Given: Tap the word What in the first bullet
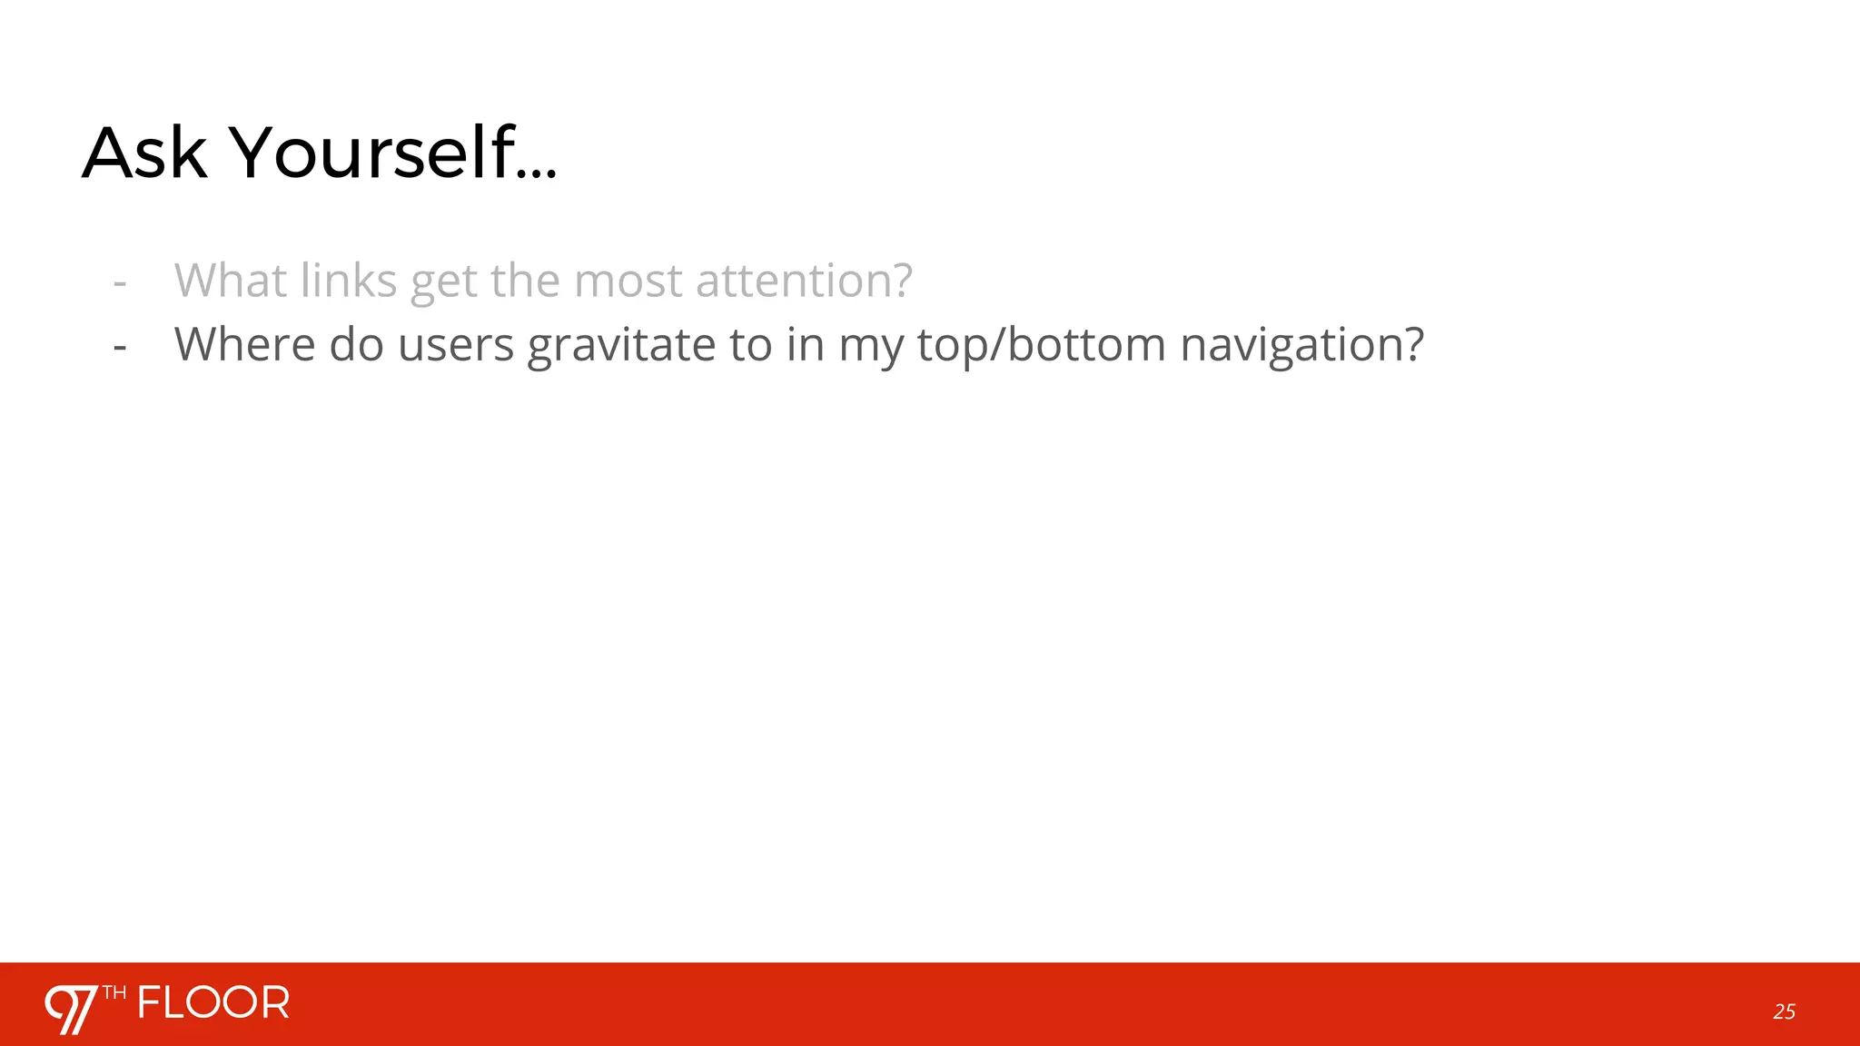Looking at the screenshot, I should tap(231, 280).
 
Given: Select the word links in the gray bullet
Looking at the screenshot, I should tap(349, 280).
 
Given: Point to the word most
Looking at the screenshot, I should tap(628, 280).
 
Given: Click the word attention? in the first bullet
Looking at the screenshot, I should tap(804, 280).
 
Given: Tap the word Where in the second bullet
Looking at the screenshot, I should tap(244, 344).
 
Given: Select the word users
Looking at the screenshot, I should tap(456, 344).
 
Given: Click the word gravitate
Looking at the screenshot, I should tap(621, 346).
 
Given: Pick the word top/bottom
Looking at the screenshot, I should tap(1041, 346).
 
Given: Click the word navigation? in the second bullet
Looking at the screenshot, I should tap(1301, 346).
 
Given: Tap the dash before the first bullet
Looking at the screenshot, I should tap(120, 282).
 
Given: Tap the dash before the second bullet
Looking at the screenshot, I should tap(120, 347).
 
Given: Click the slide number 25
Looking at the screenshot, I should tap(1784, 1011).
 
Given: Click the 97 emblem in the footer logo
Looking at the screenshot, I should tap(72, 1008).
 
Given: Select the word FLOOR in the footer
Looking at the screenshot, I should tap(213, 1003).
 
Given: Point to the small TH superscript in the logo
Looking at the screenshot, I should tap(114, 992).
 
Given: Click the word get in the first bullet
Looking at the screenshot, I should tap(444, 281).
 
